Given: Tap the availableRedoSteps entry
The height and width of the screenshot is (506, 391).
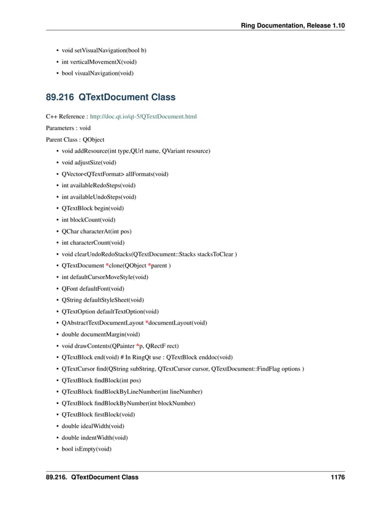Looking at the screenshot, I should pyautogui.click(x=99, y=185).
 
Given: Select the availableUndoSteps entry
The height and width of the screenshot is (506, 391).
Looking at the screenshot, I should pyautogui.click(x=99, y=197).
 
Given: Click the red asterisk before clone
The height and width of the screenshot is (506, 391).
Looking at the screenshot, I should pyautogui.click(x=108, y=265).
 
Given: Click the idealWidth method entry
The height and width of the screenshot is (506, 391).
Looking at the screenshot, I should pyautogui.click(x=93, y=426).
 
